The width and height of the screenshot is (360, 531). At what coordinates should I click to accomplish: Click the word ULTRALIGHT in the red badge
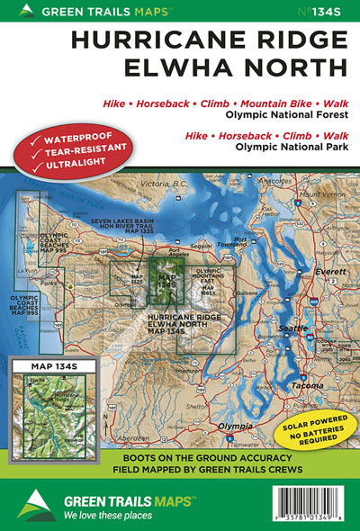click(x=71, y=164)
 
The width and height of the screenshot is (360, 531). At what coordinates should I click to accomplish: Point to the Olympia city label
click(x=212, y=425)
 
